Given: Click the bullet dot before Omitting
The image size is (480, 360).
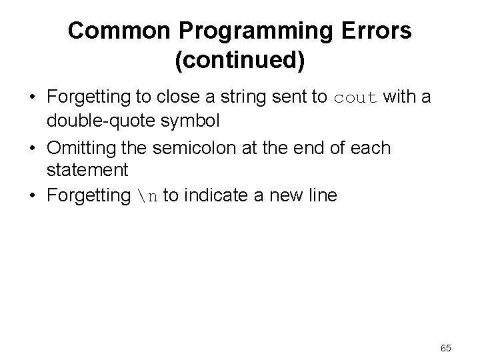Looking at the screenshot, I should click(x=32, y=147).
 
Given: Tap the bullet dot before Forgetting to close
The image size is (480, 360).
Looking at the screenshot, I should click(x=32, y=99).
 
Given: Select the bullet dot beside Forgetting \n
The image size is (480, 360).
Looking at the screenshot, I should click(x=32, y=196).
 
